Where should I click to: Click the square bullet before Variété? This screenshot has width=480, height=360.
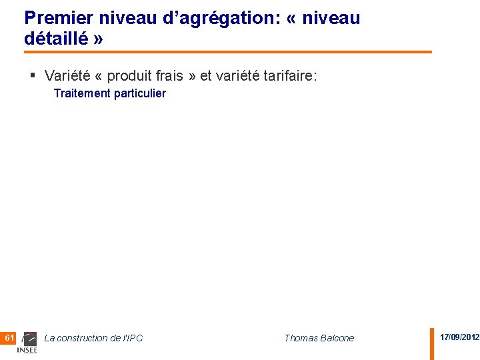point(33,75)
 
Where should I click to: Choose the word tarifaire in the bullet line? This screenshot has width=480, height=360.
point(287,76)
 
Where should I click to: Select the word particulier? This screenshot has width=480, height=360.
point(140,93)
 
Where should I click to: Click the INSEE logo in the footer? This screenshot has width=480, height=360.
point(28,342)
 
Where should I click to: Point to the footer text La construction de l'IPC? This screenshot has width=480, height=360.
point(93,338)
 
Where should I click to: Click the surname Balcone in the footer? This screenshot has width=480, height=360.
point(338,338)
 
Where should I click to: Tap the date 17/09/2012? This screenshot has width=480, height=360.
point(459,337)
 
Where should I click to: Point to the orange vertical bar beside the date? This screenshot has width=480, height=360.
point(431,343)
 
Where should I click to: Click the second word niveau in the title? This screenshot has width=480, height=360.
point(331,18)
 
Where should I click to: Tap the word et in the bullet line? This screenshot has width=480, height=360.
point(206,76)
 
